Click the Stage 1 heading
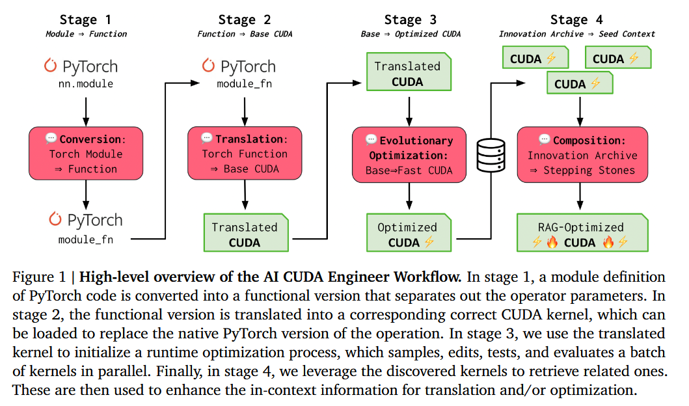coord(85,20)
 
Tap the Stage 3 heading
coord(410,20)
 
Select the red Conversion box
coord(86,154)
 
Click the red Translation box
coord(245,154)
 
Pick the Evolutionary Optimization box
coord(409,155)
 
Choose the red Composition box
coord(582,155)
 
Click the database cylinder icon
coord(491,155)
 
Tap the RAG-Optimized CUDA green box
coord(582,232)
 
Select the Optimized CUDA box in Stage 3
coord(409,232)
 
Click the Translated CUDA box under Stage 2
coord(246,232)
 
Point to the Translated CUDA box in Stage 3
coord(409,72)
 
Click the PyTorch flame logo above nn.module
coord(50,65)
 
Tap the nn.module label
coord(86,83)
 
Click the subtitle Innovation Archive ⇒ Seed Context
coord(576,34)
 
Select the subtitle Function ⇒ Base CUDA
coord(245,34)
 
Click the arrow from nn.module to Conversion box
coord(86,112)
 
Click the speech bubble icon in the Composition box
coord(544,139)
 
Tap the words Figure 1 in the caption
coord(39,277)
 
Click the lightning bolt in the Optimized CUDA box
coord(429,241)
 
